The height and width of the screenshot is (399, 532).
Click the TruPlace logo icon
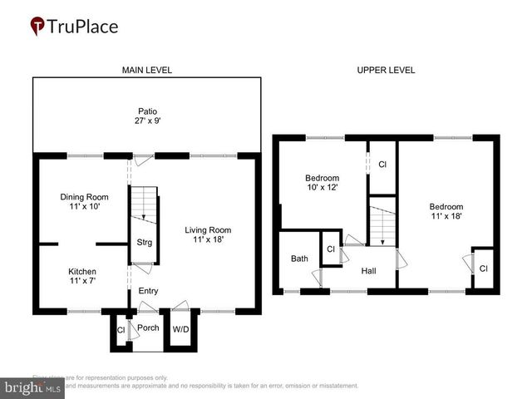38,26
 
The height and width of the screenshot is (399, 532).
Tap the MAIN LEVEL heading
147,71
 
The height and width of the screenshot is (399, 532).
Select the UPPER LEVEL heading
386,71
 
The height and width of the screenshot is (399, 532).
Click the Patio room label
147,111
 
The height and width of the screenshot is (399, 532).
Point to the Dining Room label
85,197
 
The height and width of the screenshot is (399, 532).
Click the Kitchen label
82,272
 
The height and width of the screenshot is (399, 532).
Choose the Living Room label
208,230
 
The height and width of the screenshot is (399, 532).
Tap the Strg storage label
144,243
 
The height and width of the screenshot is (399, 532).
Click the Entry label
148,291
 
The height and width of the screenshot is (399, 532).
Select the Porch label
148,328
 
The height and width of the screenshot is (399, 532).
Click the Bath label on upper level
299,259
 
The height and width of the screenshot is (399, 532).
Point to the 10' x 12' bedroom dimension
322,189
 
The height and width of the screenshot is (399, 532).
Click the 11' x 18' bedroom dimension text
446,216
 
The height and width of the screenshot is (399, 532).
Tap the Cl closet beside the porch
121,329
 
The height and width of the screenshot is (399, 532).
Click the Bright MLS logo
33,387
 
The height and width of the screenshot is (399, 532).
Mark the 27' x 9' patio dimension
147,121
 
